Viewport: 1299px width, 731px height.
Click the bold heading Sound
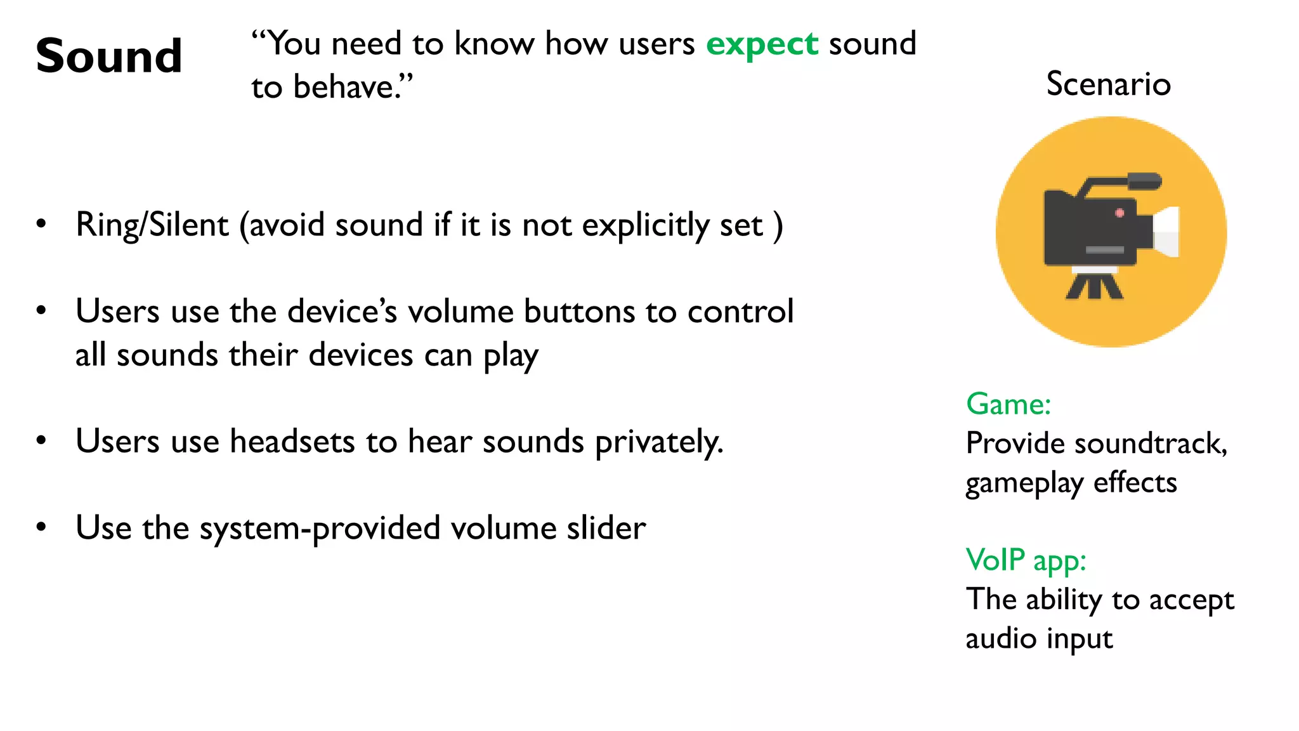point(109,56)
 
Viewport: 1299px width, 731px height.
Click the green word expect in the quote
point(762,44)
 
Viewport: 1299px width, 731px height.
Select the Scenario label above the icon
point(1108,84)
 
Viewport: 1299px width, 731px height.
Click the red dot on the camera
point(1119,213)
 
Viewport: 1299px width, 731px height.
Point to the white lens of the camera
point(1166,232)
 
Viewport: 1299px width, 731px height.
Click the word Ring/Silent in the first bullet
point(152,225)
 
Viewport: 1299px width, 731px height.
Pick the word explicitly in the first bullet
point(645,225)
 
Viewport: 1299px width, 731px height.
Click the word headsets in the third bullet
point(292,442)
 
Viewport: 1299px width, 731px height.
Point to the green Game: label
point(1009,404)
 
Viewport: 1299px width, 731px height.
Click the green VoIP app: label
point(1026,560)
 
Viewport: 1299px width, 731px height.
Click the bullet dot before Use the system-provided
point(42,527)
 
